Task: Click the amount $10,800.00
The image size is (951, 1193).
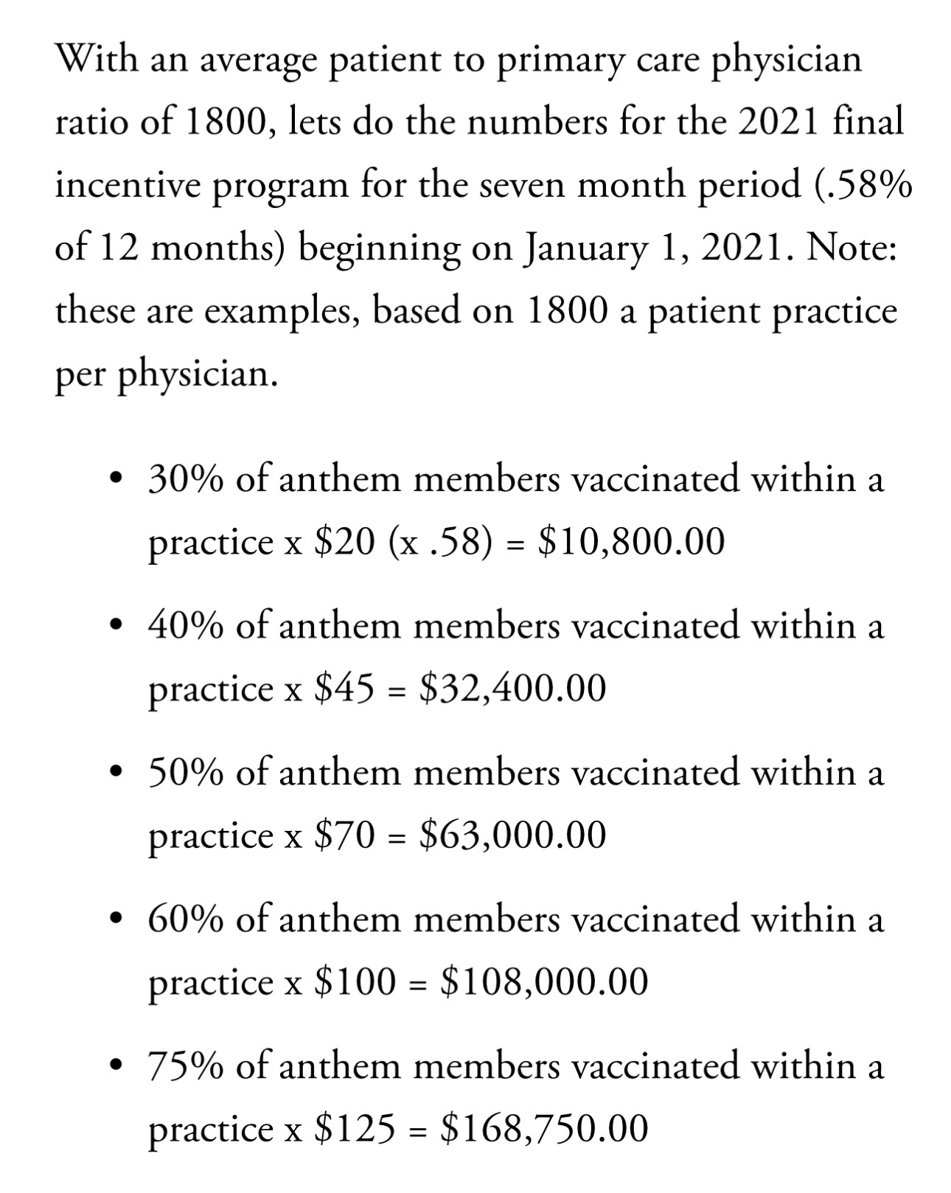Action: (632, 542)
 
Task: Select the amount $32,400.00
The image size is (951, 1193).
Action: (512, 689)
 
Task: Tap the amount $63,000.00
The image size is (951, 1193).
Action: (512, 835)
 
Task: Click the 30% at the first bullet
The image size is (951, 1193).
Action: (186, 479)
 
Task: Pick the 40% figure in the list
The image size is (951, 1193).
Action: (186, 626)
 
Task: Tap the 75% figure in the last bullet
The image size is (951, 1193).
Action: (186, 1066)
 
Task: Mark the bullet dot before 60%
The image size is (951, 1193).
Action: (114, 919)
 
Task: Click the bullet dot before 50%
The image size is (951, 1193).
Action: (114, 773)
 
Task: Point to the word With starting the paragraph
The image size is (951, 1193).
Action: (97, 58)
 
